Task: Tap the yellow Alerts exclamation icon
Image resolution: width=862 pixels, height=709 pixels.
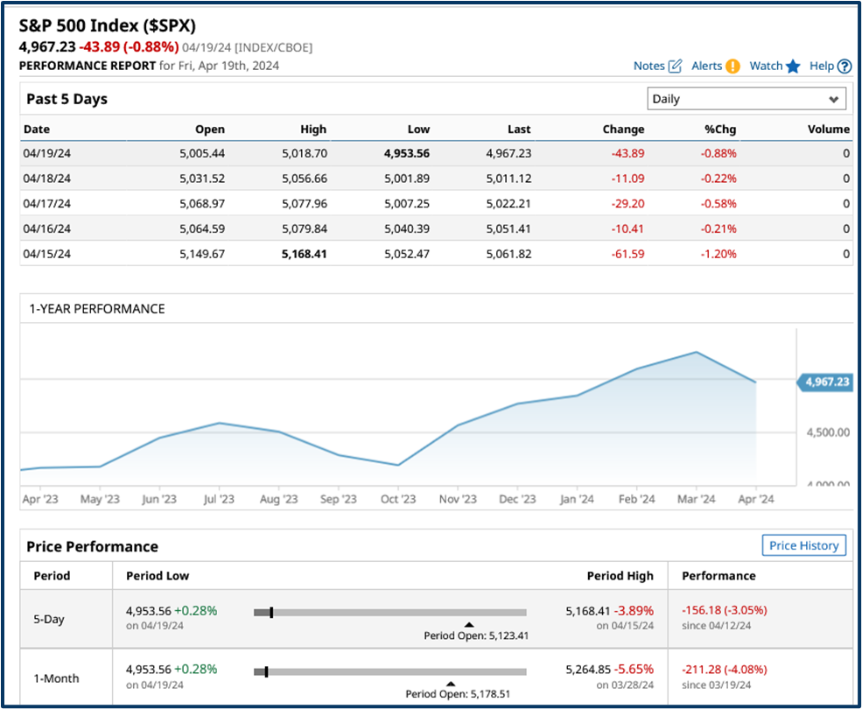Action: click(732, 66)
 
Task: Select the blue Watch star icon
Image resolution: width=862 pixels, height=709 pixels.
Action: click(793, 66)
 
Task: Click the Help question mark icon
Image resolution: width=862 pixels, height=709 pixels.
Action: click(844, 66)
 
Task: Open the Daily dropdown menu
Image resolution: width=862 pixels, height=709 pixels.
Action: click(746, 99)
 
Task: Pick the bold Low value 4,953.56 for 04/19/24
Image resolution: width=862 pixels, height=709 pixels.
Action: click(407, 152)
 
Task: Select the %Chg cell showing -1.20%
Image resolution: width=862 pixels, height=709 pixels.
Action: click(718, 254)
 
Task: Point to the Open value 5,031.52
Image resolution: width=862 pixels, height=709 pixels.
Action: click(200, 178)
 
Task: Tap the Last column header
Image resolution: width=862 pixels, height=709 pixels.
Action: click(519, 129)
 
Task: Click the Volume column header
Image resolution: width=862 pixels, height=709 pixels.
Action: click(828, 129)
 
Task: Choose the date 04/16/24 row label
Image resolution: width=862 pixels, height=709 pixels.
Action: click(47, 228)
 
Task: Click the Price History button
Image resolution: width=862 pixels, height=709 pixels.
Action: click(803, 545)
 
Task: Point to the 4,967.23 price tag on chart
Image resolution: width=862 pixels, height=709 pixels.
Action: click(825, 382)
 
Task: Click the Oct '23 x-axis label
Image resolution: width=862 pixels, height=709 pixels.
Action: click(398, 499)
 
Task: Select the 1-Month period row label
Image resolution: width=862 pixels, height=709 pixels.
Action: click(56, 678)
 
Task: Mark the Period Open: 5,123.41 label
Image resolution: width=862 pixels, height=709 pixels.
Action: click(476, 635)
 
